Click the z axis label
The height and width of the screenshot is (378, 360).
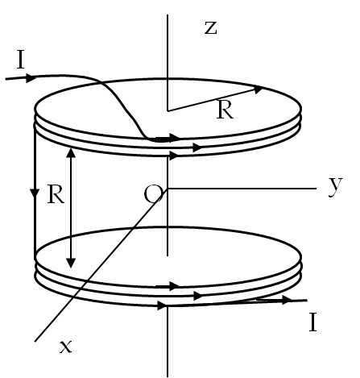pyautogui.click(x=211, y=28)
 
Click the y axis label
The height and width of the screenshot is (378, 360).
pyautogui.click(x=336, y=187)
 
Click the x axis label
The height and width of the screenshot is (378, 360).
pyautogui.click(x=66, y=347)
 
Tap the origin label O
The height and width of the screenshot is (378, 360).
pyautogui.click(x=153, y=194)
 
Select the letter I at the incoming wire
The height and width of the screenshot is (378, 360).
pyautogui.click(x=21, y=60)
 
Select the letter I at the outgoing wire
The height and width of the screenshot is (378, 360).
pyautogui.click(x=312, y=322)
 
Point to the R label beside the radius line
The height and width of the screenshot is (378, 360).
pyautogui.click(x=225, y=110)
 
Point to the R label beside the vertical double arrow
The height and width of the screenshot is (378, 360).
pyautogui.click(x=56, y=194)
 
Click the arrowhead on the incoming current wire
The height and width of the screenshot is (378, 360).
pyautogui.click(x=31, y=78)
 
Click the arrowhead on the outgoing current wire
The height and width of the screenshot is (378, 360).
pyautogui.click(x=287, y=300)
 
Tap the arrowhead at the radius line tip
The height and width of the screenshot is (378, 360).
pyautogui.click(x=259, y=89)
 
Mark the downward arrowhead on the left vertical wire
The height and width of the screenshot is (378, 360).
pyautogui.click(x=35, y=193)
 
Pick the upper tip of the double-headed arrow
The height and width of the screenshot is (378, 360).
pyautogui.click(x=71, y=148)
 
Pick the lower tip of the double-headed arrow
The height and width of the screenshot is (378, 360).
pyautogui.click(x=71, y=268)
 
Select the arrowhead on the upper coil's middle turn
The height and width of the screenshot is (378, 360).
pyautogui.click(x=197, y=147)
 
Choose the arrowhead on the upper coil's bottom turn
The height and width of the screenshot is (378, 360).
pyautogui.click(x=174, y=156)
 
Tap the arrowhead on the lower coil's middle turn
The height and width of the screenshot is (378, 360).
pyautogui.click(x=198, y=296)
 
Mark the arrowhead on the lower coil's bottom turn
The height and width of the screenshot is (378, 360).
pyautogui.click(x=162, y=305)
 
